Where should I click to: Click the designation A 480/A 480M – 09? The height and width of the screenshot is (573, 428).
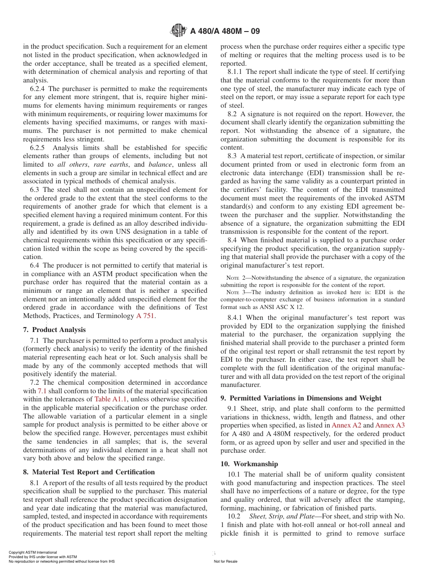(225, 32)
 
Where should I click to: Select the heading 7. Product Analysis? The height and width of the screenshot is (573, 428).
(54, 330)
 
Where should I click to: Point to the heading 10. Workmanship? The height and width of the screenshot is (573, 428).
(249, 464)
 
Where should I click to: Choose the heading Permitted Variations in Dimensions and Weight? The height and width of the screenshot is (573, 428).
(301, 398)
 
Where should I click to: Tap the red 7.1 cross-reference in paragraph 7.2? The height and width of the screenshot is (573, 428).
(42, 391)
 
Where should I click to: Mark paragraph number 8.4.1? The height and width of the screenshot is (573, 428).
(237, 318)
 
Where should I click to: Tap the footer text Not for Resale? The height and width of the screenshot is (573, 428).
(225, 561)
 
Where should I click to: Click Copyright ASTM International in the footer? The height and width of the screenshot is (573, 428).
(33, 552)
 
